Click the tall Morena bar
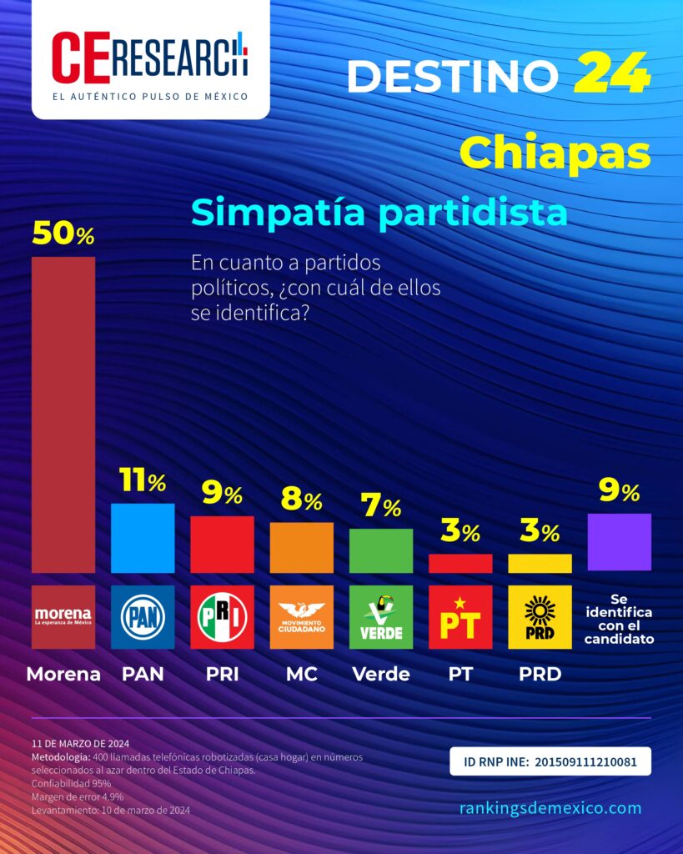tap(63, 414)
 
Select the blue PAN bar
tap(143, 538)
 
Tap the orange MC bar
tap(301, 548)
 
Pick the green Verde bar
tap(380, 550)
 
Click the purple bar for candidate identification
tap(619, 542)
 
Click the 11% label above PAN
tap(143, 481)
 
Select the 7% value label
tap(380, 506)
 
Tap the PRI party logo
tap(222, 617)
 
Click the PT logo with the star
tap(460, 617)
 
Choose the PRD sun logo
tap(540, 617)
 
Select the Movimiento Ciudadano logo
tap(301, 617)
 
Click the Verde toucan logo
tap(380, 617)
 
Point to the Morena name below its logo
tap(63, 674)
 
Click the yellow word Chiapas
tap(555, 153)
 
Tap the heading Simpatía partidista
tap(379, 213)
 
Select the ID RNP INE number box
tap(550, 761)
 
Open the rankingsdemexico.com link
tap(550, 807)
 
